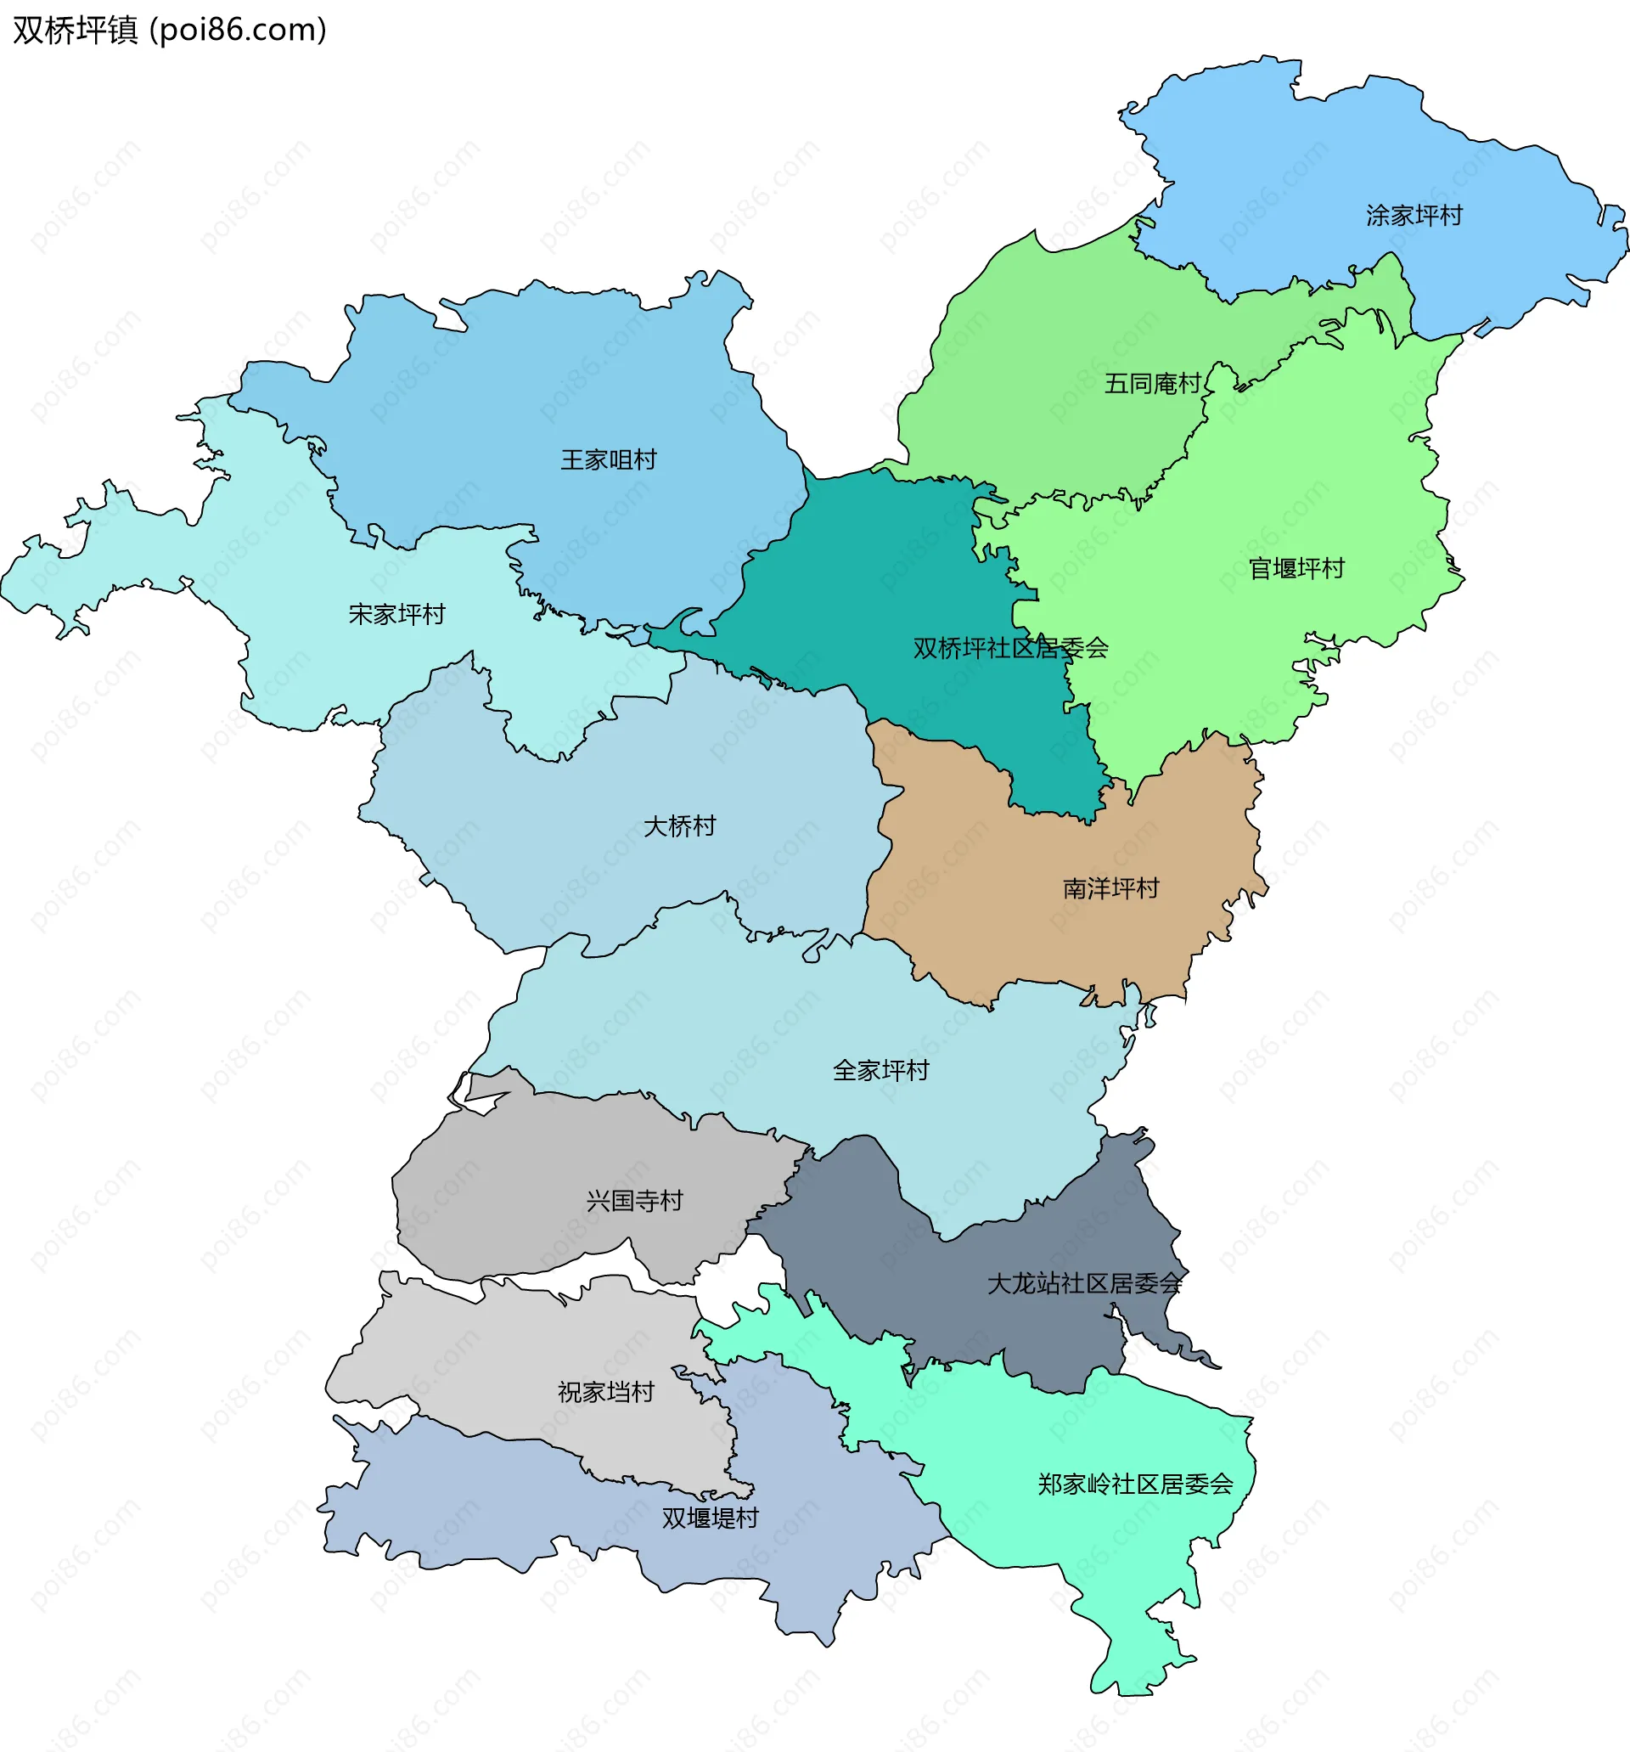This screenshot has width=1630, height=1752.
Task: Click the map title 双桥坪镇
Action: [75, 30]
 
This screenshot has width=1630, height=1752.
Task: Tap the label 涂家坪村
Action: [1414, 215]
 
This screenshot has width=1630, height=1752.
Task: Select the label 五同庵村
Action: [1152, 383]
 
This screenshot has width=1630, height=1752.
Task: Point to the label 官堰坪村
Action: [1296, 568]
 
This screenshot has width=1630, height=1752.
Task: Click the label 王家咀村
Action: [608, 460]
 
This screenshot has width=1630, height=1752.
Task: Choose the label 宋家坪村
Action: [396, 614]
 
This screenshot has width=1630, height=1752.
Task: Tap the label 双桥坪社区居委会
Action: [1009, 649]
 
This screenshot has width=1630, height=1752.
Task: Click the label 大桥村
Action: [679, 825]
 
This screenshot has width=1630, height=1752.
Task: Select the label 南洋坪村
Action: [1110, 888]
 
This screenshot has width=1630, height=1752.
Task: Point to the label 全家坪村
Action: [880, 1071]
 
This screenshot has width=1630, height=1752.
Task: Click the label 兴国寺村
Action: [634, 1200]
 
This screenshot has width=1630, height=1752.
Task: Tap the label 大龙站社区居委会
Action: [1084, 1283]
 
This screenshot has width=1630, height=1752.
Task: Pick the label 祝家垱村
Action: [605, 1393]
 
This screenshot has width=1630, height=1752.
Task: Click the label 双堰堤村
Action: [709, 1518]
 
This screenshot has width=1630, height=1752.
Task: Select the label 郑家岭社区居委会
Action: [1134, 1484]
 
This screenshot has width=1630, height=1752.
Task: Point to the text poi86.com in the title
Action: [238, 30]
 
